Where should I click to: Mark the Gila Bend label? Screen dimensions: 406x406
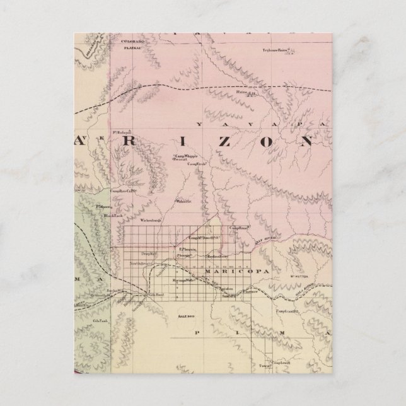point(156,294)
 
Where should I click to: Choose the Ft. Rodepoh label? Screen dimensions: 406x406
point(122,132)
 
